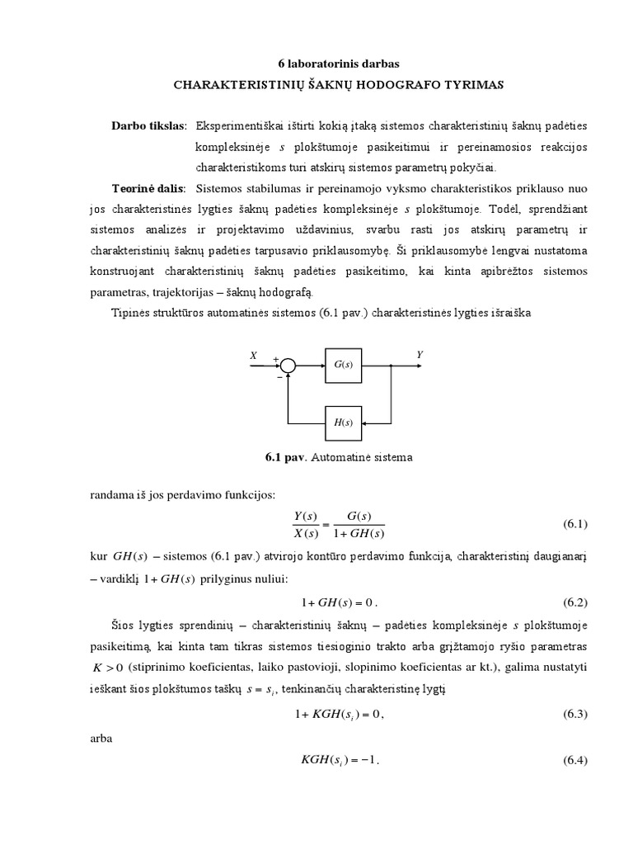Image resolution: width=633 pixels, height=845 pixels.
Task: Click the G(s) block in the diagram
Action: (x=344, y=365)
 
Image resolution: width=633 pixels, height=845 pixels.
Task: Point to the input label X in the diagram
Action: (x=254, y=355)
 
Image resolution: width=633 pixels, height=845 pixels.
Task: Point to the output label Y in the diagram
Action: (x=419, y=354)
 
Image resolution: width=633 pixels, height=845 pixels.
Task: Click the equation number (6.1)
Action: (x=574, y=524)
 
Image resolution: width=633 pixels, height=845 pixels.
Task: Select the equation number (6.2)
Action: (x=574, y=602)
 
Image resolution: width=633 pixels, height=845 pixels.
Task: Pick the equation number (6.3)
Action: (x=574, y=715)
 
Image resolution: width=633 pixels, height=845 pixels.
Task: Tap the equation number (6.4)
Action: (x=574, y=760)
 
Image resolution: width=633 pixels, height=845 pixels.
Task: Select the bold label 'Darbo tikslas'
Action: (x=149, y=125)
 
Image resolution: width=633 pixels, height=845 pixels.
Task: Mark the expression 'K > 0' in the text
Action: (x=110, y=667)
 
